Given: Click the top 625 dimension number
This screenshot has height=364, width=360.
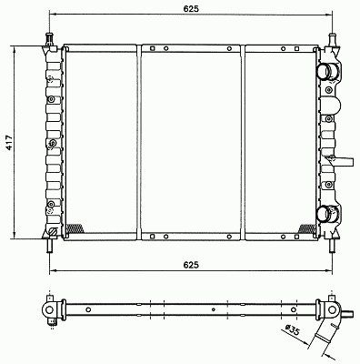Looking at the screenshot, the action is [191, 9].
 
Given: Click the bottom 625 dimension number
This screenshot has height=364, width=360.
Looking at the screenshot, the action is [191, 265].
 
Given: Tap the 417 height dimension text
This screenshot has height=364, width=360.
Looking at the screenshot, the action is [9, 142].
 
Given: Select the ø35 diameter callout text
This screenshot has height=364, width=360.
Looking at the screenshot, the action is [293, 330].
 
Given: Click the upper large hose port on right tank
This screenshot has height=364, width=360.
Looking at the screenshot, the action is [325, 72].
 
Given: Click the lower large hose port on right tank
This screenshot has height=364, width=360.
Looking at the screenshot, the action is [325, 214].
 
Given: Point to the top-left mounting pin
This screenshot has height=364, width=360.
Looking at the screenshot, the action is [49, 39].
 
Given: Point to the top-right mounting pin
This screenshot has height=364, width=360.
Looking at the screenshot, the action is [333, 39].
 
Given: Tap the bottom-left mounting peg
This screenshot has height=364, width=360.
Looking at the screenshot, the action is [49, 246].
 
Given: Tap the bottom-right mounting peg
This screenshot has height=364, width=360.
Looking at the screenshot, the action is [333, 246].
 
